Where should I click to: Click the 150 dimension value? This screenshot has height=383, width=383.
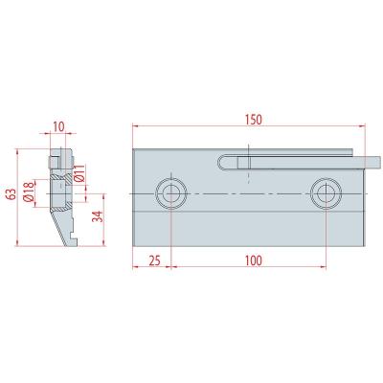click(x=254, y=120)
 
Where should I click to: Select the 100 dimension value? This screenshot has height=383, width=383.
click(x=254, y=260)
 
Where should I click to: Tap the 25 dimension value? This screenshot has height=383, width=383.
click(x=154, y=260)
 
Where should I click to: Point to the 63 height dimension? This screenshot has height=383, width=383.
click(x=11, y=194)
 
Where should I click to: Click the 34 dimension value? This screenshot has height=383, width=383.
click(x=98, y=216)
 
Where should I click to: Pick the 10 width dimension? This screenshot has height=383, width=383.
click(x=58, y=126)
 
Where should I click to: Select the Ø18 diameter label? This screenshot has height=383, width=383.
click(x=29, y=191)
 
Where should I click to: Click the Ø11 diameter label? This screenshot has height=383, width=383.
click(x=79, y=173)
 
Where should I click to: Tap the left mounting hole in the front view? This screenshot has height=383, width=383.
click(x=171, y=193)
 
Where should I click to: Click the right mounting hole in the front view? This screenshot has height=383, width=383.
click(x=327, y=193)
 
